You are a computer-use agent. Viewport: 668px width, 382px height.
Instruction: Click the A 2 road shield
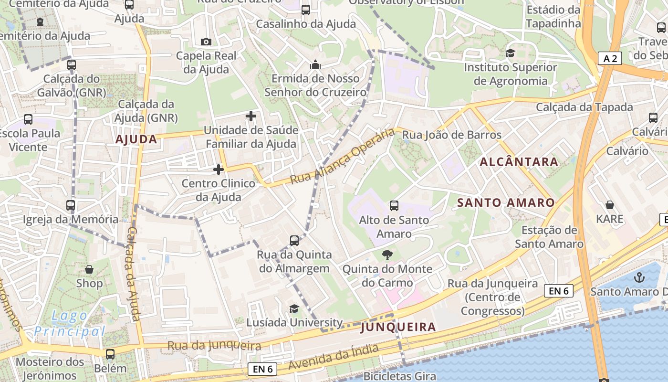click(x=610, y=59)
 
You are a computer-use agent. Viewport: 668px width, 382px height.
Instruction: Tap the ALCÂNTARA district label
click(x=519, y=162)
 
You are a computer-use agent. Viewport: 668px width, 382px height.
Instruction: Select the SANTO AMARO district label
click(x=506, y=202)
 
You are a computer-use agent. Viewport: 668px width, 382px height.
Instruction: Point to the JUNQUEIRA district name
click(x=398, y=327)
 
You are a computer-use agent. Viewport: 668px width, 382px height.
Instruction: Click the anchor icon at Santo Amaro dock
click(x=638, y=277)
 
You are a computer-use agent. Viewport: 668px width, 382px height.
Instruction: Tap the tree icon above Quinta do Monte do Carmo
click(x=387, y=255)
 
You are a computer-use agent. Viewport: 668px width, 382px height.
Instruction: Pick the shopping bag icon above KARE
click(x=610, y=205)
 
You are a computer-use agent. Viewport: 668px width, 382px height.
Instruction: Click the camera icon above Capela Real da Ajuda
click(x=206, y=42)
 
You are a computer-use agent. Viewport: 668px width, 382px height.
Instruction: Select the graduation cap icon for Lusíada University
click(x=294, y=309)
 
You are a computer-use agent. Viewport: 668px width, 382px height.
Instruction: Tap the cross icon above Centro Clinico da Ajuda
click(x=219, y=170)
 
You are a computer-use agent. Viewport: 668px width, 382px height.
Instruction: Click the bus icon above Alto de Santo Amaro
click(x=394, y=206)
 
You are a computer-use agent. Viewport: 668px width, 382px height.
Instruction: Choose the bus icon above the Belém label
click(x=110, y=354)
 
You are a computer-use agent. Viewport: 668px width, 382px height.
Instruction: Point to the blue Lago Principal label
click(x=70, y=323)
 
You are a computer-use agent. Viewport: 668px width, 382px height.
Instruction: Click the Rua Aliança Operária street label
click(x=343, y=156)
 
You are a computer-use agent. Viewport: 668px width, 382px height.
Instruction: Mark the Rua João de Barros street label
click(x=452, y=135)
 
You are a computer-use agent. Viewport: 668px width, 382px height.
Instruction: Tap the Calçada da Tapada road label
click(x=584, y=107)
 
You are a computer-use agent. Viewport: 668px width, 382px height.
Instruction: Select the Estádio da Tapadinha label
click(x=553, y=17)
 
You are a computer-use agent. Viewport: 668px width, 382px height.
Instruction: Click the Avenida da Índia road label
click(x=334, y=358)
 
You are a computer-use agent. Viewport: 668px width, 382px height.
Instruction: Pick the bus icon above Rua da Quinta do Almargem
click(x=294, y=241)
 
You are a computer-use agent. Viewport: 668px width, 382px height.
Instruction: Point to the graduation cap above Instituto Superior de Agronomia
click(x=511, y=53)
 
